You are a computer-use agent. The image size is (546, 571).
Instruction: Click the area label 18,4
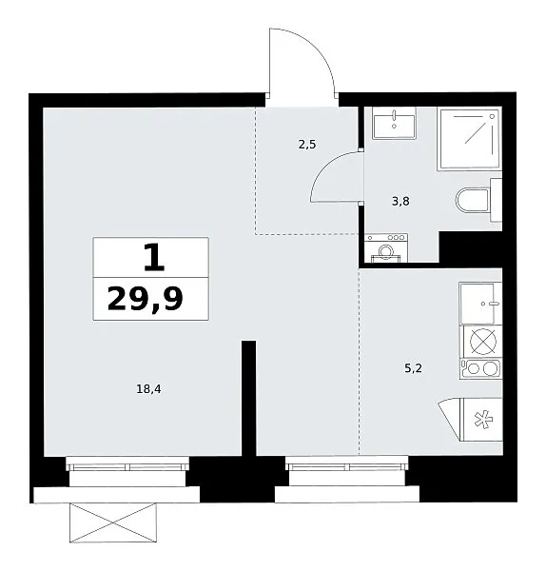pos(148,389)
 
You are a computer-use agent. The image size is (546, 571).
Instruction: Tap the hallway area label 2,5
pos(307,145)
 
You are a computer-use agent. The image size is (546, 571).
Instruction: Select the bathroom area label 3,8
pos(400,201)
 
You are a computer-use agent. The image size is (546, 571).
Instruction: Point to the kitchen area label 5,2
pos(413,368)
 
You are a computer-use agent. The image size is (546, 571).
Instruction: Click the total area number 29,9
pos(145,299)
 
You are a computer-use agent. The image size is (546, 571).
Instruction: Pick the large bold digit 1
pos(154,258)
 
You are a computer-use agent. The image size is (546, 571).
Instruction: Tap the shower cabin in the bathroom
pos(470,138)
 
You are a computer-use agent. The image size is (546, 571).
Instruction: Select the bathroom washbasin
pos(394,123)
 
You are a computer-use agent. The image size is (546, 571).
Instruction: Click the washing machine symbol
pos(386,247)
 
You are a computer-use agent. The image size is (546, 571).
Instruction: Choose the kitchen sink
pos(480,304)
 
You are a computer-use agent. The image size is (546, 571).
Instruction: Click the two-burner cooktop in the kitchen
pos(481,368)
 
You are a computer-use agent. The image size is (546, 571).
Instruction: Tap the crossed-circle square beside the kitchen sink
pos(481,342)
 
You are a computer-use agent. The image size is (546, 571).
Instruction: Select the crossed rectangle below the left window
pos(113,522)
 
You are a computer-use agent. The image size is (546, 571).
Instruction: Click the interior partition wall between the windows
pos(249,398)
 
